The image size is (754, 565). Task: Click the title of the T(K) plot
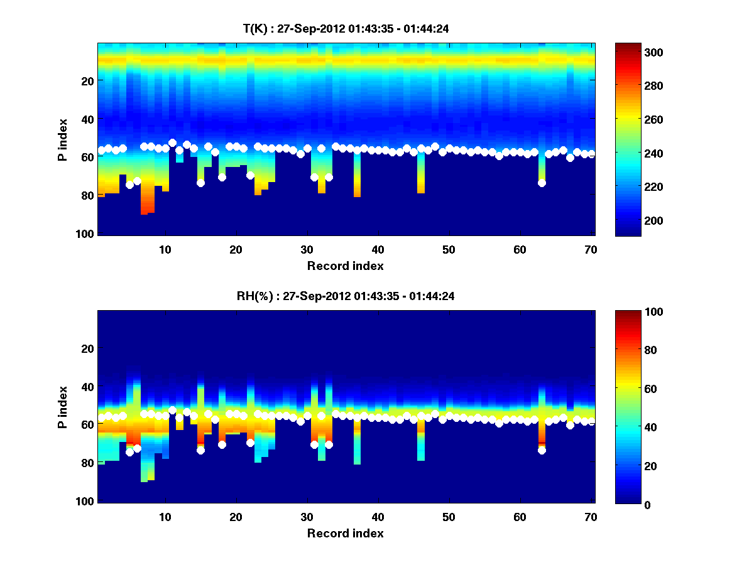pyautogui.click(x=346, y=28)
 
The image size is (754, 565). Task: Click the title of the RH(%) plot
pyautogui.click(x=345, y=296)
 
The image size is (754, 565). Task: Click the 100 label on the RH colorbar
pyautogui.click(x=631, y=312)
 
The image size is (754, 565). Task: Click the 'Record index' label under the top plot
pyautogui.click(x=346, y=266)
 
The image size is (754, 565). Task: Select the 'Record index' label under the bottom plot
pyautogui.click(x=346, y=533)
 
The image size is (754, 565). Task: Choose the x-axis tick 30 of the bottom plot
pyautogui.click(x=307, y=517)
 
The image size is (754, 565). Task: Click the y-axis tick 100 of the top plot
pyautogui.click(x=86, y=234)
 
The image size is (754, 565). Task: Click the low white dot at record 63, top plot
pyautogui.click(x=542, y=183)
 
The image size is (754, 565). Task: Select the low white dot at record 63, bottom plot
pyautogui.click(x=542, y=450)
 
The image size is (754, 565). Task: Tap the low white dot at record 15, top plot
pyautogui.click(x=200, y=183)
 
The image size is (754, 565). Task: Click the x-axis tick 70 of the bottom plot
pyautogui.click(x=591, y=517)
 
